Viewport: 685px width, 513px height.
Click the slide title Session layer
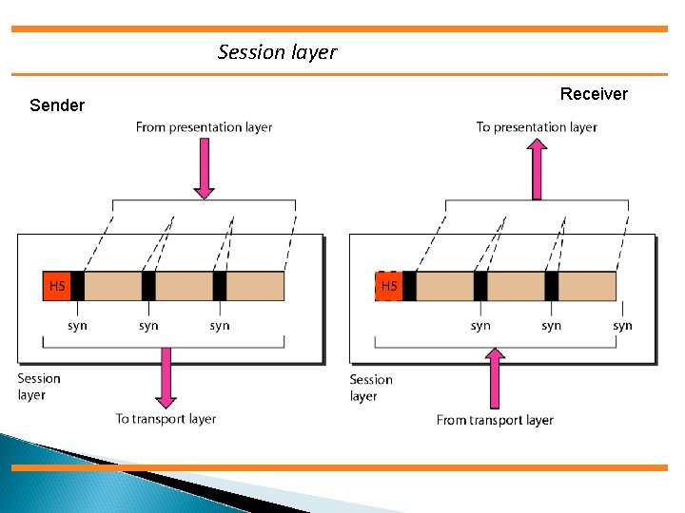coord(277,52)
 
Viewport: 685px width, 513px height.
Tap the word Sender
coord(57,105)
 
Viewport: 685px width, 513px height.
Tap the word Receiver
coord(594,94)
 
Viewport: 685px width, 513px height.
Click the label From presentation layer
coord(204,127)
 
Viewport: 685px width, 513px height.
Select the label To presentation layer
coord(537,127)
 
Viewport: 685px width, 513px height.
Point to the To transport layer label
coord(166,419)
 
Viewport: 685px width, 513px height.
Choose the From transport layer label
coord(495,420)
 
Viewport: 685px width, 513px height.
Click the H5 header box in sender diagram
coord(57,286)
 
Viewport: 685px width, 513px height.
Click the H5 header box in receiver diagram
coord(389,286)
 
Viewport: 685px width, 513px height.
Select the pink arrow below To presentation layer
coord(537,169)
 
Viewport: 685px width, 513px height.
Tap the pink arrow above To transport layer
coord(166,377)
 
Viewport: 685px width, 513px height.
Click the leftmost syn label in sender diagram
coord(77,326)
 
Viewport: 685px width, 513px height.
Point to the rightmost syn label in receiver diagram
coord(622,326)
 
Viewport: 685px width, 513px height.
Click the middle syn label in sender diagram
coord(148,326)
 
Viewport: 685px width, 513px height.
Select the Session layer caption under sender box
coord(38,387)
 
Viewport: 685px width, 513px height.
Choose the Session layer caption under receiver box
coord(370,388)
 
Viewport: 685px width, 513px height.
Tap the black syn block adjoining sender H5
coord(77,286)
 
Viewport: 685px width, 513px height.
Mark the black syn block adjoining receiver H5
coord(409,286)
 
